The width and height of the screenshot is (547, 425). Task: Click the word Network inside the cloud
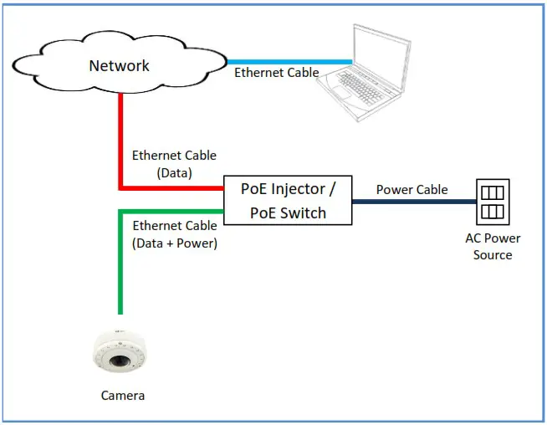(x=119, y=65)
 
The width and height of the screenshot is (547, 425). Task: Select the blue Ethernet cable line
(x=289, y=62)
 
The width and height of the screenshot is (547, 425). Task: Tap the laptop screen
(x=381, y=57)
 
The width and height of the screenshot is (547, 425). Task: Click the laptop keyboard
(x=360, y=88)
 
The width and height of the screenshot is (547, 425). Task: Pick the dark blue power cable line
(x=415, y=202)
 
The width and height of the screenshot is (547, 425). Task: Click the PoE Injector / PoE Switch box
(x=288, y=200)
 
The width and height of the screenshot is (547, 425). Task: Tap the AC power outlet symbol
(x=493, y=202)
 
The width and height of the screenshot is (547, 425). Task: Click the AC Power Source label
(x=493, y=246)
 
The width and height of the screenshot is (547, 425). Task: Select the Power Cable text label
(x=412, y=189)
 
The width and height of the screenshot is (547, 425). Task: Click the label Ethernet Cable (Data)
(x=174, y=164)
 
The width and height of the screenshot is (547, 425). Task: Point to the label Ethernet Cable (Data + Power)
(x=175, y=234)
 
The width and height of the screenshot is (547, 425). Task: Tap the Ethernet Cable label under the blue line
(x=277, y=73)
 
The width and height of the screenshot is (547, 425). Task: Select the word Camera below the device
(x=123, y=396)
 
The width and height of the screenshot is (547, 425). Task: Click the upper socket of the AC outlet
(x=493, y=192)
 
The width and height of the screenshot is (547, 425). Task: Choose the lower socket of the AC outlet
(x=493, y=212)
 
